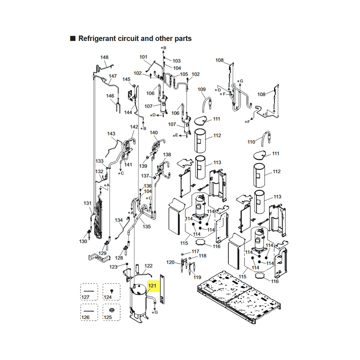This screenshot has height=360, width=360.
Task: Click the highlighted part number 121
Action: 152,286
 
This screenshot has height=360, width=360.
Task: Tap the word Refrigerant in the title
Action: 97,39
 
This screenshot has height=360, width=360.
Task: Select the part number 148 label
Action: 104,57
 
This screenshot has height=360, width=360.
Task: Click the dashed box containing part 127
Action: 89,292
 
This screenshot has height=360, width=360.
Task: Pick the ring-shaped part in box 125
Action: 112,310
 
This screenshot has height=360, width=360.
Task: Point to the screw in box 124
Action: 112,291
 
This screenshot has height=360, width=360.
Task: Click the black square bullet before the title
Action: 72,38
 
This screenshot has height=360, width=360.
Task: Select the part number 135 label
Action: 147,226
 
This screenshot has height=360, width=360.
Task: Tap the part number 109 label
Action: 202,89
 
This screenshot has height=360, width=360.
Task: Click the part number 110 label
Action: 251,142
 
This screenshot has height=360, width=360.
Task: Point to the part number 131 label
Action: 87,203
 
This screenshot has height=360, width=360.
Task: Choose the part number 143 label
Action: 111,133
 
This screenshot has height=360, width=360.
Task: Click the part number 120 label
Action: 171,262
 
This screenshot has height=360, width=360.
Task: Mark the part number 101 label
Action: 143,57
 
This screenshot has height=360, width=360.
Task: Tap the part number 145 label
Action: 126,79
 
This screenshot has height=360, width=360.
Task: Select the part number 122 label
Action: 148,265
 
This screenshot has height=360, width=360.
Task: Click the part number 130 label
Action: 83,241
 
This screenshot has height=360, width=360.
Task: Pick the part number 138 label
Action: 167,154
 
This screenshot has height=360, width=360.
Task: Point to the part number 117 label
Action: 195,252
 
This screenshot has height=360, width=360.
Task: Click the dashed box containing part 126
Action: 89,312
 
